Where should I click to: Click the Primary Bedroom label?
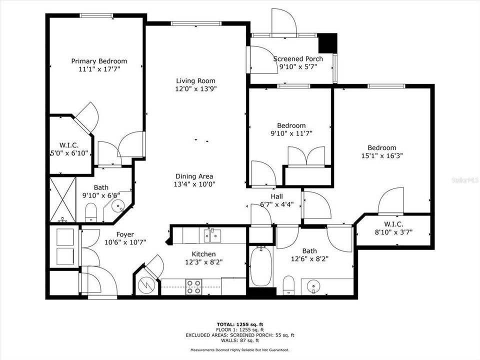98,61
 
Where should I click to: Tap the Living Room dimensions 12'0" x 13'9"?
195,89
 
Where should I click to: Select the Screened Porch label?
298,58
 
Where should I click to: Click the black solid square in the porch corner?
327,43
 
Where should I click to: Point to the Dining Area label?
194,176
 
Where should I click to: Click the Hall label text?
277,196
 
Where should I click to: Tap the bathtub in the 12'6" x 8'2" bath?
260,265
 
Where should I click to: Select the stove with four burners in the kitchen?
194,286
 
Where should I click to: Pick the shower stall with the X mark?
62,199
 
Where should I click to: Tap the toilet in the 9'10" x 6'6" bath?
91,212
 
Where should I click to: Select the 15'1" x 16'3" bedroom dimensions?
382,155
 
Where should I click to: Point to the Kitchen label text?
203,254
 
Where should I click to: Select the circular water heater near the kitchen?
147,285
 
